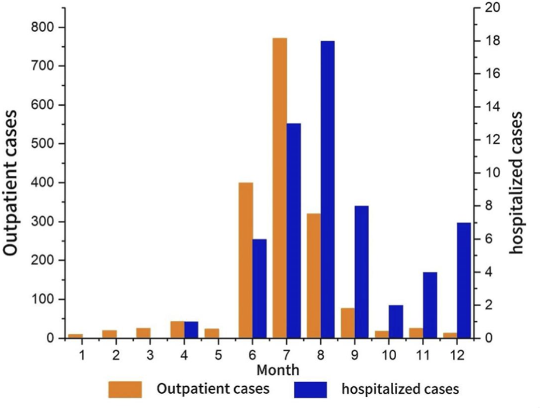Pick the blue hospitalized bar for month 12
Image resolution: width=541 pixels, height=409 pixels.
[464, 280]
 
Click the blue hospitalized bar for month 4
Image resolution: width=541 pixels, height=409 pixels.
[192, 330]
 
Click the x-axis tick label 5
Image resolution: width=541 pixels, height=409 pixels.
[218, 354]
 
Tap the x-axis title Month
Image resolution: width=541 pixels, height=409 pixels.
[278, 370]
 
